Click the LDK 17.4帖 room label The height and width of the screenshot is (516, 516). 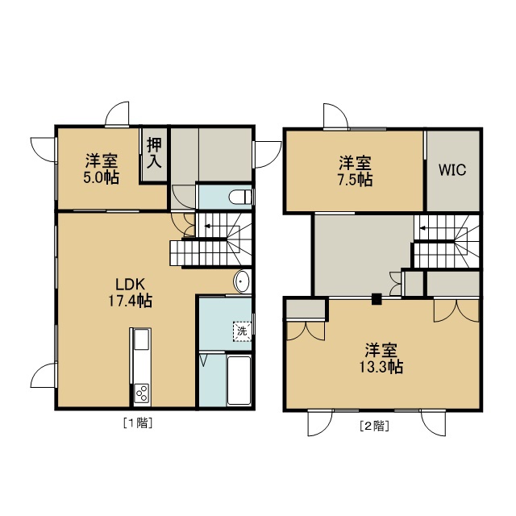[131, 292]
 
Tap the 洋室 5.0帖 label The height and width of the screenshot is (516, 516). [101, 169]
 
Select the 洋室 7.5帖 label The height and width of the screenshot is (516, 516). [355, 172]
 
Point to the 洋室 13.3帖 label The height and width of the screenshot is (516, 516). [381, 358]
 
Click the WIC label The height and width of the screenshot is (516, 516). [452, 170]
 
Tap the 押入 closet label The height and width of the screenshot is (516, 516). [154, 152]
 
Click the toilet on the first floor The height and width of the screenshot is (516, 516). [240, 197]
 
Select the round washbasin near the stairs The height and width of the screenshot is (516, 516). [242, 281]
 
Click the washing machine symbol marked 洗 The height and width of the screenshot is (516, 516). [242, 331]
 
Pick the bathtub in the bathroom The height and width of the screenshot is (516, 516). [239, 381]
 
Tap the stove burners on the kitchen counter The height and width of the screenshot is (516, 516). [142, 393]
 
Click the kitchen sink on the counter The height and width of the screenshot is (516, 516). [142, 339]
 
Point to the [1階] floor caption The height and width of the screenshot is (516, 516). [138, 422]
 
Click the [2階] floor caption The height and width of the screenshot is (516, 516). [375, 426]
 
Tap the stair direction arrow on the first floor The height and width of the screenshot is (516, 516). [208, 226]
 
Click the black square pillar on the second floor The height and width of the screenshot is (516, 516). [377, 299]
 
